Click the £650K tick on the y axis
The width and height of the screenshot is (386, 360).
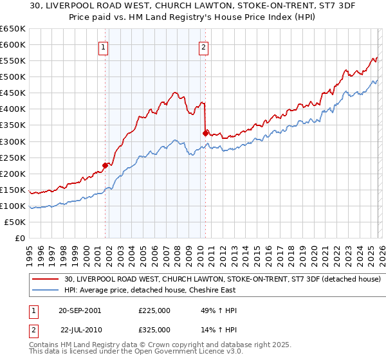click(x=13, y=29)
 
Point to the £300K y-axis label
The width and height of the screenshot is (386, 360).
click(x=13, y=141)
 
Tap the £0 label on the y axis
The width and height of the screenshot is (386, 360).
click(x=20, y=238)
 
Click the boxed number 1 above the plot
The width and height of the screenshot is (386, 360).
click(x=104, y=46)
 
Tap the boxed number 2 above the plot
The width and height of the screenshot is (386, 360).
click(x=203, y=46)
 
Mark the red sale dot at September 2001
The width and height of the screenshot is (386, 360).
click(x=105, y=165)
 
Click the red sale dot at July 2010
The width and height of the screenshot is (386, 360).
click(x=205, y=133)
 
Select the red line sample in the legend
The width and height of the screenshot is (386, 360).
click(x=46, y=279)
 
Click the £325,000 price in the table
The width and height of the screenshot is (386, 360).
click(x=154, y=329)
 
